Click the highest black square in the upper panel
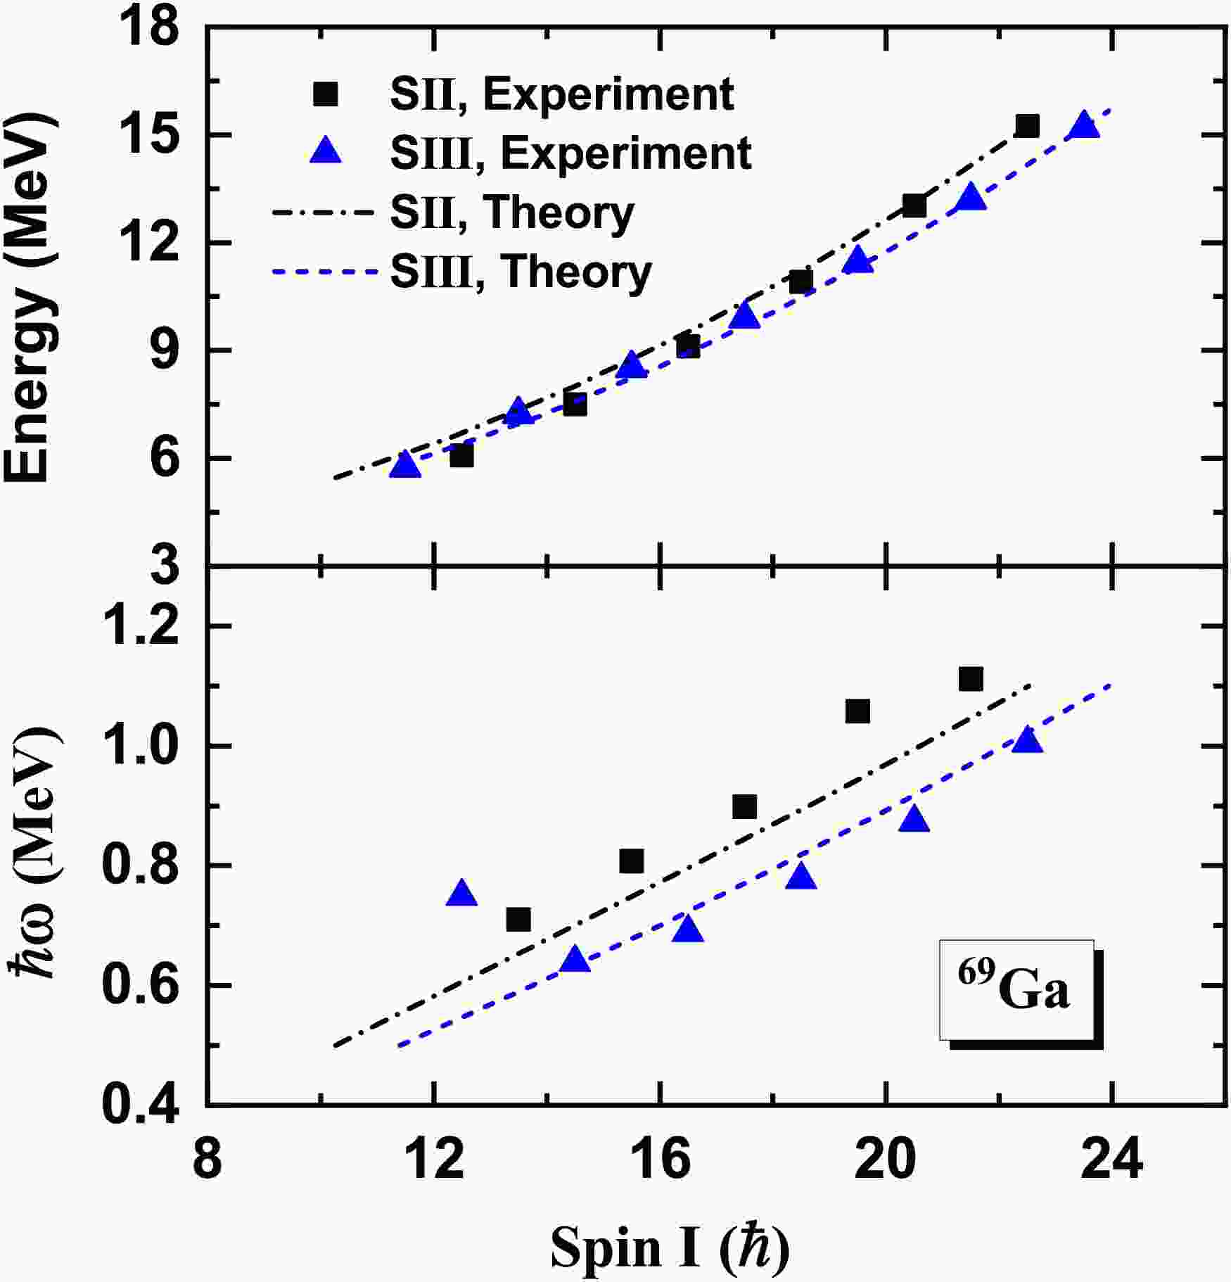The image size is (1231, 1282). tap(1027, 127)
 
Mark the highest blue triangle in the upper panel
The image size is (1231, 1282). tap(1084, 125)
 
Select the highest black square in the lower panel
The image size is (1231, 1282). tap(971, 680)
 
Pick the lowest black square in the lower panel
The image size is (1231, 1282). tap(518, 920)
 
